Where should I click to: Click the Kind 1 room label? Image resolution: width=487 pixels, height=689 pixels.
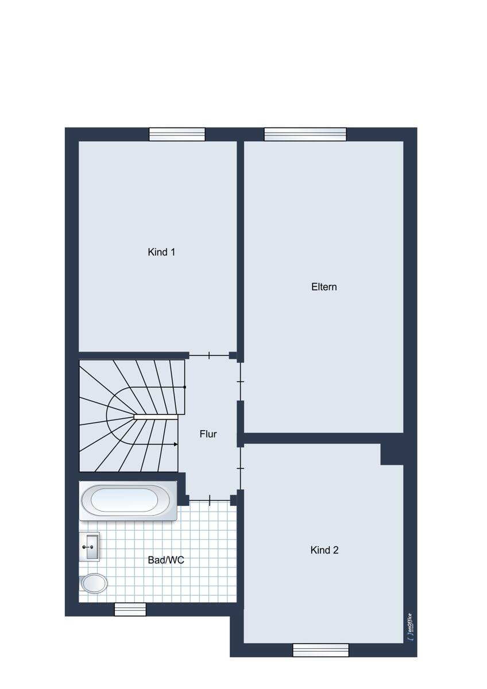pyautogui.click(x=161, y=252)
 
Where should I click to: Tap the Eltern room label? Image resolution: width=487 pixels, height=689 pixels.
pyautogui.click(x=324, y=287)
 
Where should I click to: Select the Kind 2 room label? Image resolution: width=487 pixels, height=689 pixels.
pyautogui.click(x=324, y=550)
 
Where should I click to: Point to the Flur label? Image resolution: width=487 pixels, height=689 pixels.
pyautogui.click(x=208, y=434)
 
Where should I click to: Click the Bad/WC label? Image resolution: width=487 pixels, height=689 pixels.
pyautogui.click(x=166, y=560)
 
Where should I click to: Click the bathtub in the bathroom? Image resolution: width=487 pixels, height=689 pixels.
pyautogui.click(x=128, y=501)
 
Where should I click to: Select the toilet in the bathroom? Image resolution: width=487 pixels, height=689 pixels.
pyautogui.click(x=93, y=583)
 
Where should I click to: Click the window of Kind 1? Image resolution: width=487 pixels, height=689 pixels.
pyautogui.click(x=177, y=134)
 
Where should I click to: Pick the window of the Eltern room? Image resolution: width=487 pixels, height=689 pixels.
pyautogui.click(x=305, y=134)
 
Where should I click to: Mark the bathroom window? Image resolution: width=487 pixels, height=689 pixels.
pyautogui.click(x=130, y=609)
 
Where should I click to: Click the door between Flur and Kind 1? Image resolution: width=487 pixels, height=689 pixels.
pyautogui.click(x=209, y=355)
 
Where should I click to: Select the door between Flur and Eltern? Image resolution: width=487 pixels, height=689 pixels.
pyautogui.click(x=241, y=382)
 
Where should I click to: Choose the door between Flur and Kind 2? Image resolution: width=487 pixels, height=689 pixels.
pyautogui.click(x=241, y=468)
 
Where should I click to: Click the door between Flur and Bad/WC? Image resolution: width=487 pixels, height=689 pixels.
pyautogui.click(x=210, y=501)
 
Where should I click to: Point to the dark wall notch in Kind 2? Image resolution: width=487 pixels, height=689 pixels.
pyautogui.click(x=392, y=454)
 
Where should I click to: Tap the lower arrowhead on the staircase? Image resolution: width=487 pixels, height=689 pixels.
pyautogui.click(x=176, y=444)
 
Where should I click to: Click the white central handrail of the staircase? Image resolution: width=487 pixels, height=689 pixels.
pyautogui.click(x=156, y=417)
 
